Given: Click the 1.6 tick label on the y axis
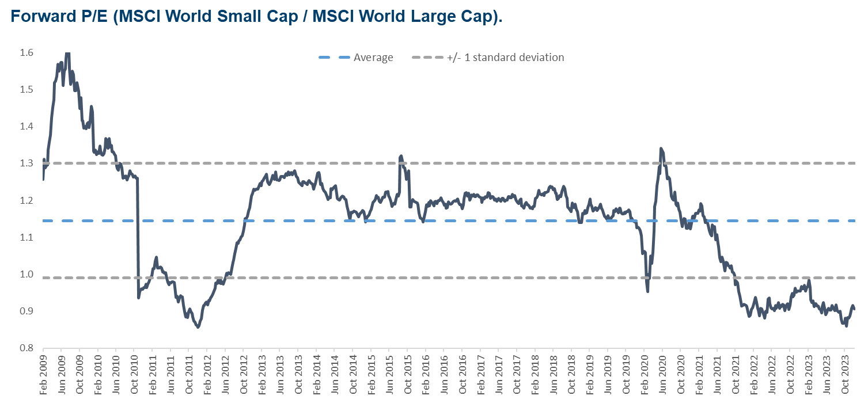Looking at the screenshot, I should (x=26, y=53).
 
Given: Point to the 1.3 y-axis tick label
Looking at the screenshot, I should (x=26, y=164).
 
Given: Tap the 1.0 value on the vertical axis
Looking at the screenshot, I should (x=26, y=275).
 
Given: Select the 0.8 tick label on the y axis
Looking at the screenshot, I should (x=26, y=348).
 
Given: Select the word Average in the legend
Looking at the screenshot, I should (x=373, y=58).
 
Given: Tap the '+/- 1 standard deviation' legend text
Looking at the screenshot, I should (x=505, y=58).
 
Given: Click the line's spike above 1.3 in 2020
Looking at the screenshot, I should (x=661, y=149).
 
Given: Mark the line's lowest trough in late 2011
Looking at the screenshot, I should (x=198, y=327).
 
